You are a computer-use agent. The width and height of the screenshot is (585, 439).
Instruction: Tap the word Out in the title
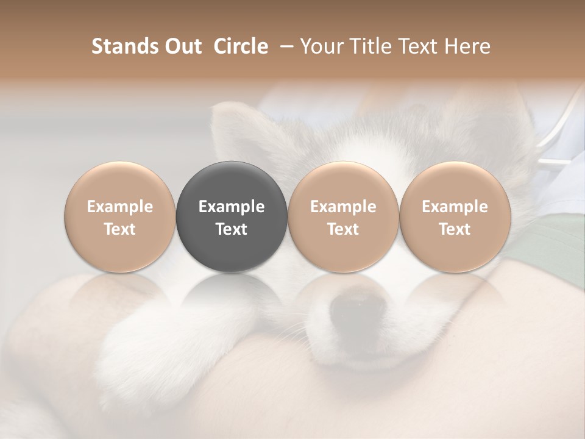tap(182, 46)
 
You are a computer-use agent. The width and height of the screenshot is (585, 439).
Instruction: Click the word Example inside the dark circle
tap(232, 207)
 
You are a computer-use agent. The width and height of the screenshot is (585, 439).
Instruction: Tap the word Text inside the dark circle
tap(232, 229)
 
